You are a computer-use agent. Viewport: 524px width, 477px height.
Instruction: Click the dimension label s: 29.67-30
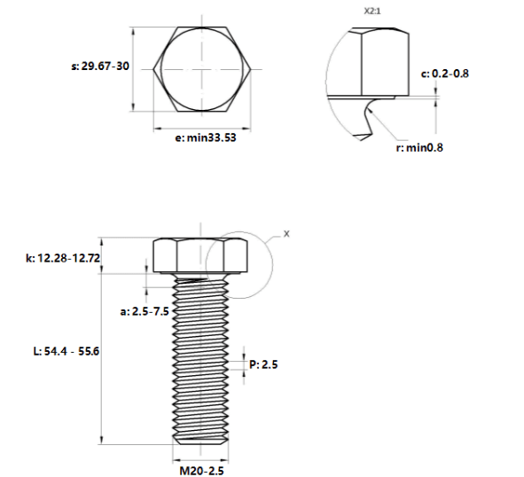click(x=100, y=66)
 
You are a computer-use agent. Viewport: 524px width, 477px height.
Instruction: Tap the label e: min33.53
click(x=206, y=137)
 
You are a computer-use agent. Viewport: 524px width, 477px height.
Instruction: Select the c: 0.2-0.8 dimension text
click(x=445, y=74)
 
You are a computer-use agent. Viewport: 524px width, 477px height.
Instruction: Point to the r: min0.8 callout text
click(x=419, y=147)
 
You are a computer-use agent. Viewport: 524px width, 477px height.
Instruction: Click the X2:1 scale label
click(x=372, y=11)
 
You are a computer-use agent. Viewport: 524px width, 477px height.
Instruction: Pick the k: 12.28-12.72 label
click(x=63, y=258)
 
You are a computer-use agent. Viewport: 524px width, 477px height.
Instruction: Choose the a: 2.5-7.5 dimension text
click(x=145, y=311)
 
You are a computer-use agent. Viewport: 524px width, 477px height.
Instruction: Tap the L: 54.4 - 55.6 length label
click(x=66, y=351)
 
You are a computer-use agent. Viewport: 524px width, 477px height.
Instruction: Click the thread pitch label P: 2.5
click(x=263, y=364)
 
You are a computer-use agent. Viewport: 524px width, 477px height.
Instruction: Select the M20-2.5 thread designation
click(x=202, y=471)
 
